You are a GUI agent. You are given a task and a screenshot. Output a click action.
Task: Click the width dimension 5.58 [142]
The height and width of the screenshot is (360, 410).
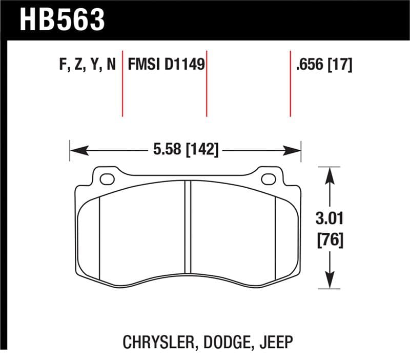pyautogui.click(x=186, y=150)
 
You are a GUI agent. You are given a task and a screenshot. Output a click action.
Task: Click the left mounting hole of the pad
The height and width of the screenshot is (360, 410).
pyautogui.click(x=107, y=179)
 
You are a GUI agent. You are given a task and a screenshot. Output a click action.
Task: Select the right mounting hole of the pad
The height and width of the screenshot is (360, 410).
pyautogui.click(x=268, y=179)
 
